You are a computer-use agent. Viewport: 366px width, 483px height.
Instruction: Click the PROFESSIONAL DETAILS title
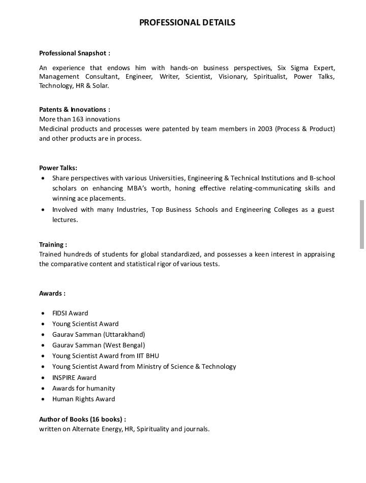click(187, 22)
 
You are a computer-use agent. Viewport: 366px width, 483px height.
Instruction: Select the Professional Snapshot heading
click(74, 53)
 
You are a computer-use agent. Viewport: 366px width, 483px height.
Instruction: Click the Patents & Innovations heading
click(74, 109)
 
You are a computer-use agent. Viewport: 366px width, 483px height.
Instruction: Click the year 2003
click(264, 128)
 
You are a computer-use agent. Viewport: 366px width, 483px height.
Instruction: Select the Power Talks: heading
click(58, 168)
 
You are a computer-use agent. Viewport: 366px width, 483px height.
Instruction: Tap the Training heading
click(53, 244)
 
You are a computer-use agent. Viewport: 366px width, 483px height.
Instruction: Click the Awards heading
click(52, 293)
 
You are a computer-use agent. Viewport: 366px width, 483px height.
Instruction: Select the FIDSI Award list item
click(70, 313)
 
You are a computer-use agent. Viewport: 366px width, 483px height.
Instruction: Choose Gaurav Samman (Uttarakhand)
click(99, 334)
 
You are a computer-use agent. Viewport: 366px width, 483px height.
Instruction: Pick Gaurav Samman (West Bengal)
click(99, 345)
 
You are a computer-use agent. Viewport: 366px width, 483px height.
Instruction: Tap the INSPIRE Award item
click(74, 377)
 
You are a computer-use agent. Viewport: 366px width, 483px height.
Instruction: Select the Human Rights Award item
click(83, 399)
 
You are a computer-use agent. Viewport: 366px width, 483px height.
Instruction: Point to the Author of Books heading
click(82, 419)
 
